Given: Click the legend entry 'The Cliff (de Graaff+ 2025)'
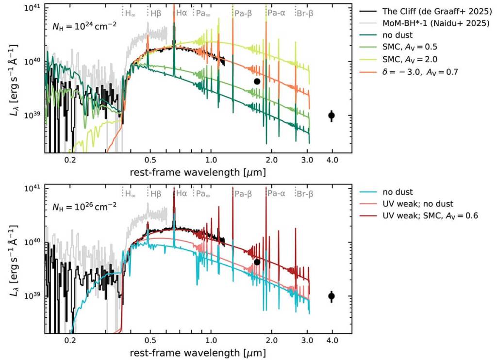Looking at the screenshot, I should coord(428,11).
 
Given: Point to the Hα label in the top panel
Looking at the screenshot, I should coord(181,13).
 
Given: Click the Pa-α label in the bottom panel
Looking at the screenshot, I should coord(276,194).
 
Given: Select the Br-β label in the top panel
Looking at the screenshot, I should coord(305,13).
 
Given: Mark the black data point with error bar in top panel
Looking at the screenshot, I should coord(331,115).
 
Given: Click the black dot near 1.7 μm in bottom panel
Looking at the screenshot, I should coord(257,262).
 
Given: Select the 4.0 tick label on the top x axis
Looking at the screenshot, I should coord(332,161).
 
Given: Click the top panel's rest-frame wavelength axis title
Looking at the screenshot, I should coord(198,173).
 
